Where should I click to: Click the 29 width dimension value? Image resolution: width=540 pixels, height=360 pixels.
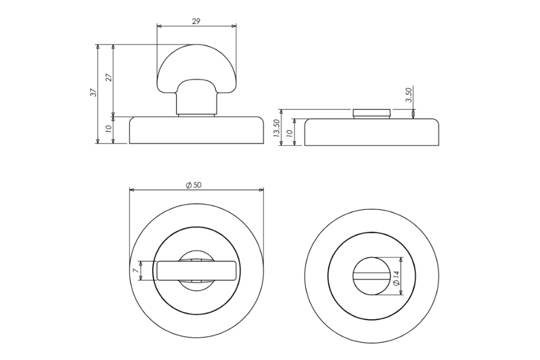[196, 21]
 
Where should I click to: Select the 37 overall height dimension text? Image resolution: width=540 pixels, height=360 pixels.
[93, 92]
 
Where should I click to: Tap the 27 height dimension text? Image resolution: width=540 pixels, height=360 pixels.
[108, 77]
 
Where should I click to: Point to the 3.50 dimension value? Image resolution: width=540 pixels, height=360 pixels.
[408, 95]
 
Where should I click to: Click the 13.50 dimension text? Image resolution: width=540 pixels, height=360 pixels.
[276, 128]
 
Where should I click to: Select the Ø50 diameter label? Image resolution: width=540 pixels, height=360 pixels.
[193, 185]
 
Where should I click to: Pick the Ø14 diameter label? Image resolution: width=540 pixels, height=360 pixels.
[396, 278]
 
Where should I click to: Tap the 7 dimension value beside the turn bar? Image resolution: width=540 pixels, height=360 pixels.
[134, 270]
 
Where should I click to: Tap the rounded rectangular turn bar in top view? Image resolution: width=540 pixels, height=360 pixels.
[196, 270]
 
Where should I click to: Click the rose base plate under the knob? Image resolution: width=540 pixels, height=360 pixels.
[196, 131]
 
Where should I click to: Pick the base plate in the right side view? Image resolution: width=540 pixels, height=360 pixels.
[371, 132]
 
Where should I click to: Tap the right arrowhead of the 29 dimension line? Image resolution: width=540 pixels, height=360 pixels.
[234, 25]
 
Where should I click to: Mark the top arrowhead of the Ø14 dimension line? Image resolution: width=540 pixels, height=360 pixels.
[401, 260]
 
